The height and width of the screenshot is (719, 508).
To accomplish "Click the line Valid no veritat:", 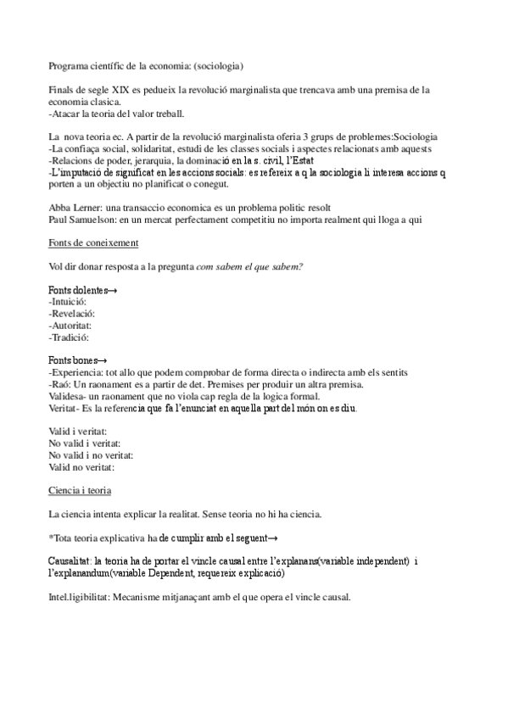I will click(81, 466).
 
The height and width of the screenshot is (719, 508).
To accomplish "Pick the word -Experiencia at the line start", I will click(75, 373).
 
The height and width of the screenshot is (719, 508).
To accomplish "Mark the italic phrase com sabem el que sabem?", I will click(249, 268).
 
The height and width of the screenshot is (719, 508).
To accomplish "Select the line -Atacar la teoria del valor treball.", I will click(116, 113).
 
